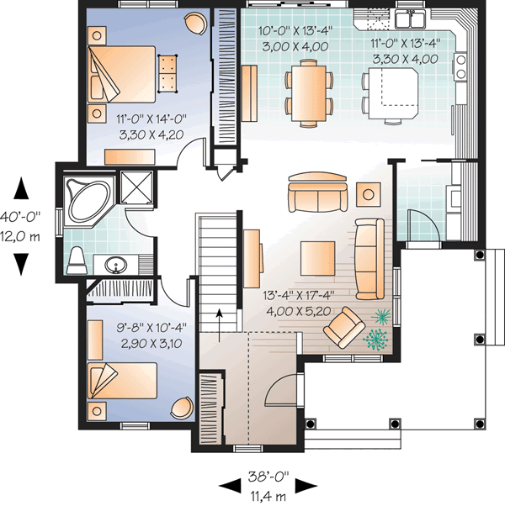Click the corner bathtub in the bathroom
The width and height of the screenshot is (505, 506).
(x=86, y=199)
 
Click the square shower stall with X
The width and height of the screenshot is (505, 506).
(x=133, y=187)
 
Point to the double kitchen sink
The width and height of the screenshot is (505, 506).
(x=410, y=18)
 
